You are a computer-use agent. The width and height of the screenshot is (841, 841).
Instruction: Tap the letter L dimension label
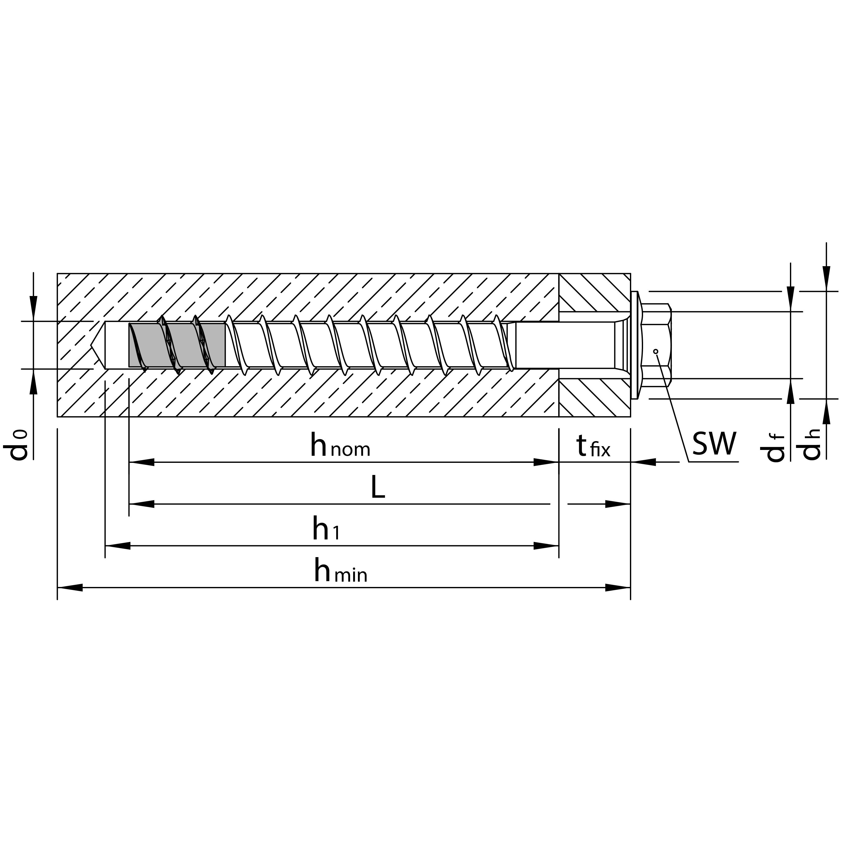click(x=378, y=488)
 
